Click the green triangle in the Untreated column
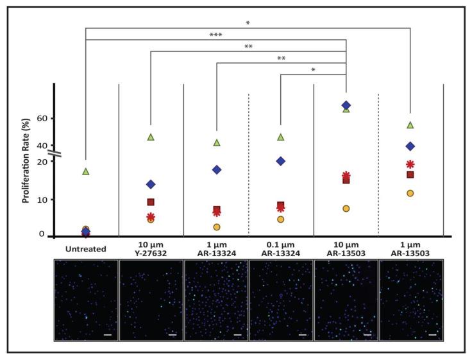point(86,171)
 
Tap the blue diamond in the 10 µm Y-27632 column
point(151,184)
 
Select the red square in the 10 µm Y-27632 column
point(151,202)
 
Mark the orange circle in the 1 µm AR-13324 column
point(217,227)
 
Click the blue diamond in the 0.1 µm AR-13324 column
point(280,161)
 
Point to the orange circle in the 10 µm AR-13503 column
point(346,209)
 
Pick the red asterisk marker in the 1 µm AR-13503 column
point(410,164)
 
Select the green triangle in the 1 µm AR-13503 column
point(410,125)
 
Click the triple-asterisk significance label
point(215,35)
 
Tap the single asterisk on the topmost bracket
point(248,23)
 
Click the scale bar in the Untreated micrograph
point(107,334)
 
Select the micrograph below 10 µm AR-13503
point(346,300)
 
